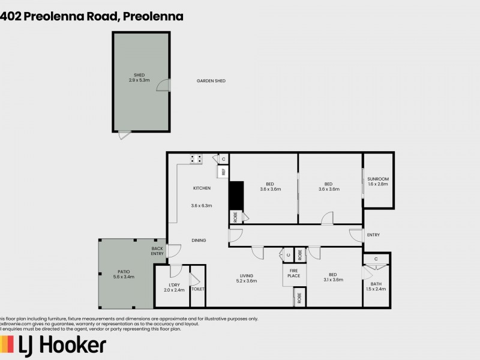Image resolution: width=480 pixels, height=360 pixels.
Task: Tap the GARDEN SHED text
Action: pos(211,81)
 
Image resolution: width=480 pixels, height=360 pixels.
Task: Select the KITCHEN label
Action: pos(202,188)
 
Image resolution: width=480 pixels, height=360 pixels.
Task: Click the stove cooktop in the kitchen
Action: pos(196,159)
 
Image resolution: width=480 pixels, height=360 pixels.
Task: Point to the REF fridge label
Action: pos(223,172)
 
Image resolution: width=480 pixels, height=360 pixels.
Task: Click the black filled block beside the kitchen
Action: pos(236,194)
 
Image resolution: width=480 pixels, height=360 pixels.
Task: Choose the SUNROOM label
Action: pos(379,179)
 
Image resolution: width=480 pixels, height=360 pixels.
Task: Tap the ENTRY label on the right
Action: pos(373,235)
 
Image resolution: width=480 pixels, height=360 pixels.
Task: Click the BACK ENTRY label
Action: pos(157,251)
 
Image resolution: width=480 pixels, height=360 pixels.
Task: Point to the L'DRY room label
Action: pos(175,285)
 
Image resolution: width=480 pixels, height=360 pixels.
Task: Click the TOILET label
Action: pos(197,289)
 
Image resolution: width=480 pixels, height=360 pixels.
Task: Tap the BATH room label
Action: pos(376,284)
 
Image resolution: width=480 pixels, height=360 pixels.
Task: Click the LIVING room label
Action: pos(247,275)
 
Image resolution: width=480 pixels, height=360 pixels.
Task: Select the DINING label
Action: pos(199,240)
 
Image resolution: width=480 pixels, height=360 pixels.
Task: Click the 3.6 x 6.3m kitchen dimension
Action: pos(202,206)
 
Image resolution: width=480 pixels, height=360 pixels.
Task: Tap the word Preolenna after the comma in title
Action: pos(154,16)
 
